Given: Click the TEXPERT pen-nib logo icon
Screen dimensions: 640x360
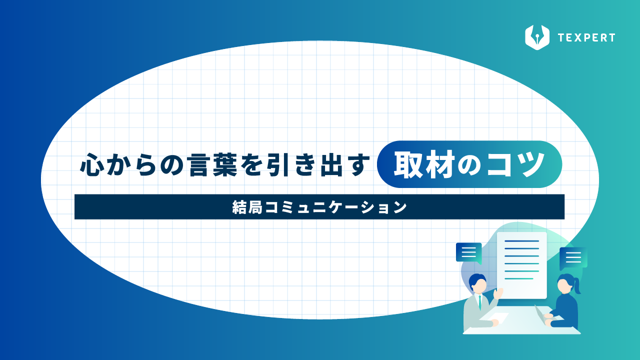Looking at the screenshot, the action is tap(537, 37).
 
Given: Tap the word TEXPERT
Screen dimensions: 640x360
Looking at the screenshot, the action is tap(586, 37).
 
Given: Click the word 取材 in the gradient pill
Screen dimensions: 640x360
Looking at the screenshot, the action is tap(424, 164).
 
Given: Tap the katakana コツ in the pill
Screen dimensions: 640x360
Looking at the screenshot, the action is tap(515, 164).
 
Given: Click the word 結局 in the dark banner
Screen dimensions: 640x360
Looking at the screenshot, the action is tap(247, 207).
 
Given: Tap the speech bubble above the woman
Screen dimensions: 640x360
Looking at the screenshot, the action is tap(573, 258).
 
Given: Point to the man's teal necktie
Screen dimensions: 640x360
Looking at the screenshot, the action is tap(480, 302).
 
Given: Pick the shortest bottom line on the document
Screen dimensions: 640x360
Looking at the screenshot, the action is tap(519, 278).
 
